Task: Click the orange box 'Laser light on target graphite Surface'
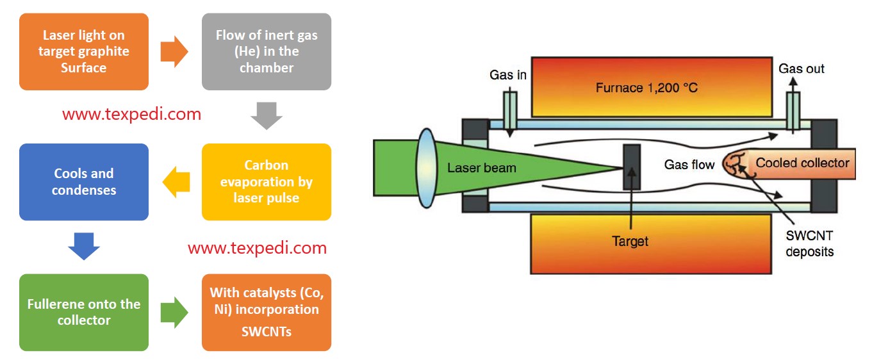[84, 52]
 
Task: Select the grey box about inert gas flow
[267, 52]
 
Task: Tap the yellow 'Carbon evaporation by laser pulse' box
[267, 182]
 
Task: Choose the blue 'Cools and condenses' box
[84, 182]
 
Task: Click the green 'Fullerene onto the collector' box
[84, 312]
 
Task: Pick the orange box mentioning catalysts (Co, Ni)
[267, 312]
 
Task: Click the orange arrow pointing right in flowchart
[174, 52]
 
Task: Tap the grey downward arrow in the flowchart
[266, 116]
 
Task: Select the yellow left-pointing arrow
[176, 183]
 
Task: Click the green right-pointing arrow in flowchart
[174, 313]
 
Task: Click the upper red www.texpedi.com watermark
[131, 115]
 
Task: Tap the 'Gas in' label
[508, 75]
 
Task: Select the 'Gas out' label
[802, 69]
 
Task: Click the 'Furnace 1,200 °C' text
[646, 88]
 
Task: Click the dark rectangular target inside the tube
[631, 167]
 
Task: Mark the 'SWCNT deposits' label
[810, 243]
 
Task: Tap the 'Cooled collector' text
[802, 163]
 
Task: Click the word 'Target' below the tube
[630, 241]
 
